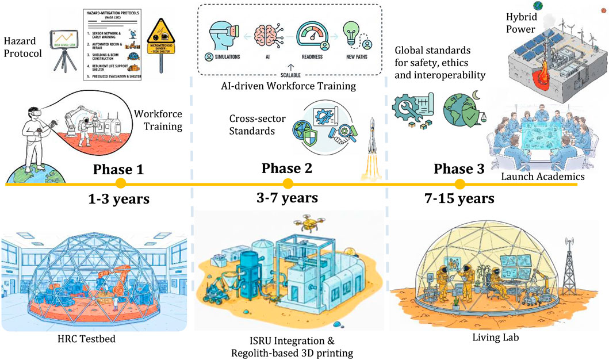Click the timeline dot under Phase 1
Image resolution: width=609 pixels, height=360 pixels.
click(120, 184)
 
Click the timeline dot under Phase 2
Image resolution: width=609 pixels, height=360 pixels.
click(288, 184)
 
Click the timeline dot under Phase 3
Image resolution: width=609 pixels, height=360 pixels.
click(459, 184)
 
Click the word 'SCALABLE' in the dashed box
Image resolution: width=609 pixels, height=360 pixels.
click(289, 75)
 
